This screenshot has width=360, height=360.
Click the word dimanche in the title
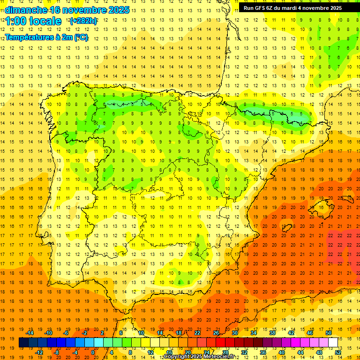point(25,10)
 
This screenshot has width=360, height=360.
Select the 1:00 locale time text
point(33,21)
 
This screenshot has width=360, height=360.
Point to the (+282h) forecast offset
point(83,21)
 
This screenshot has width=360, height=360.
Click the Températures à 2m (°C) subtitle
point(46,37)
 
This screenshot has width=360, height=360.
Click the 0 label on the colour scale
point(93,352)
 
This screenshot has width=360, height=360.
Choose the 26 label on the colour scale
point(216,333)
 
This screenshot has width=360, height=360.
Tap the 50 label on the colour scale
point(328,333)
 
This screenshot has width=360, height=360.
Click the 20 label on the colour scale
point(188,352)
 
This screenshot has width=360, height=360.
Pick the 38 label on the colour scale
point(272,333)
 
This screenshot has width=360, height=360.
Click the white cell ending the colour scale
point(333,343)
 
